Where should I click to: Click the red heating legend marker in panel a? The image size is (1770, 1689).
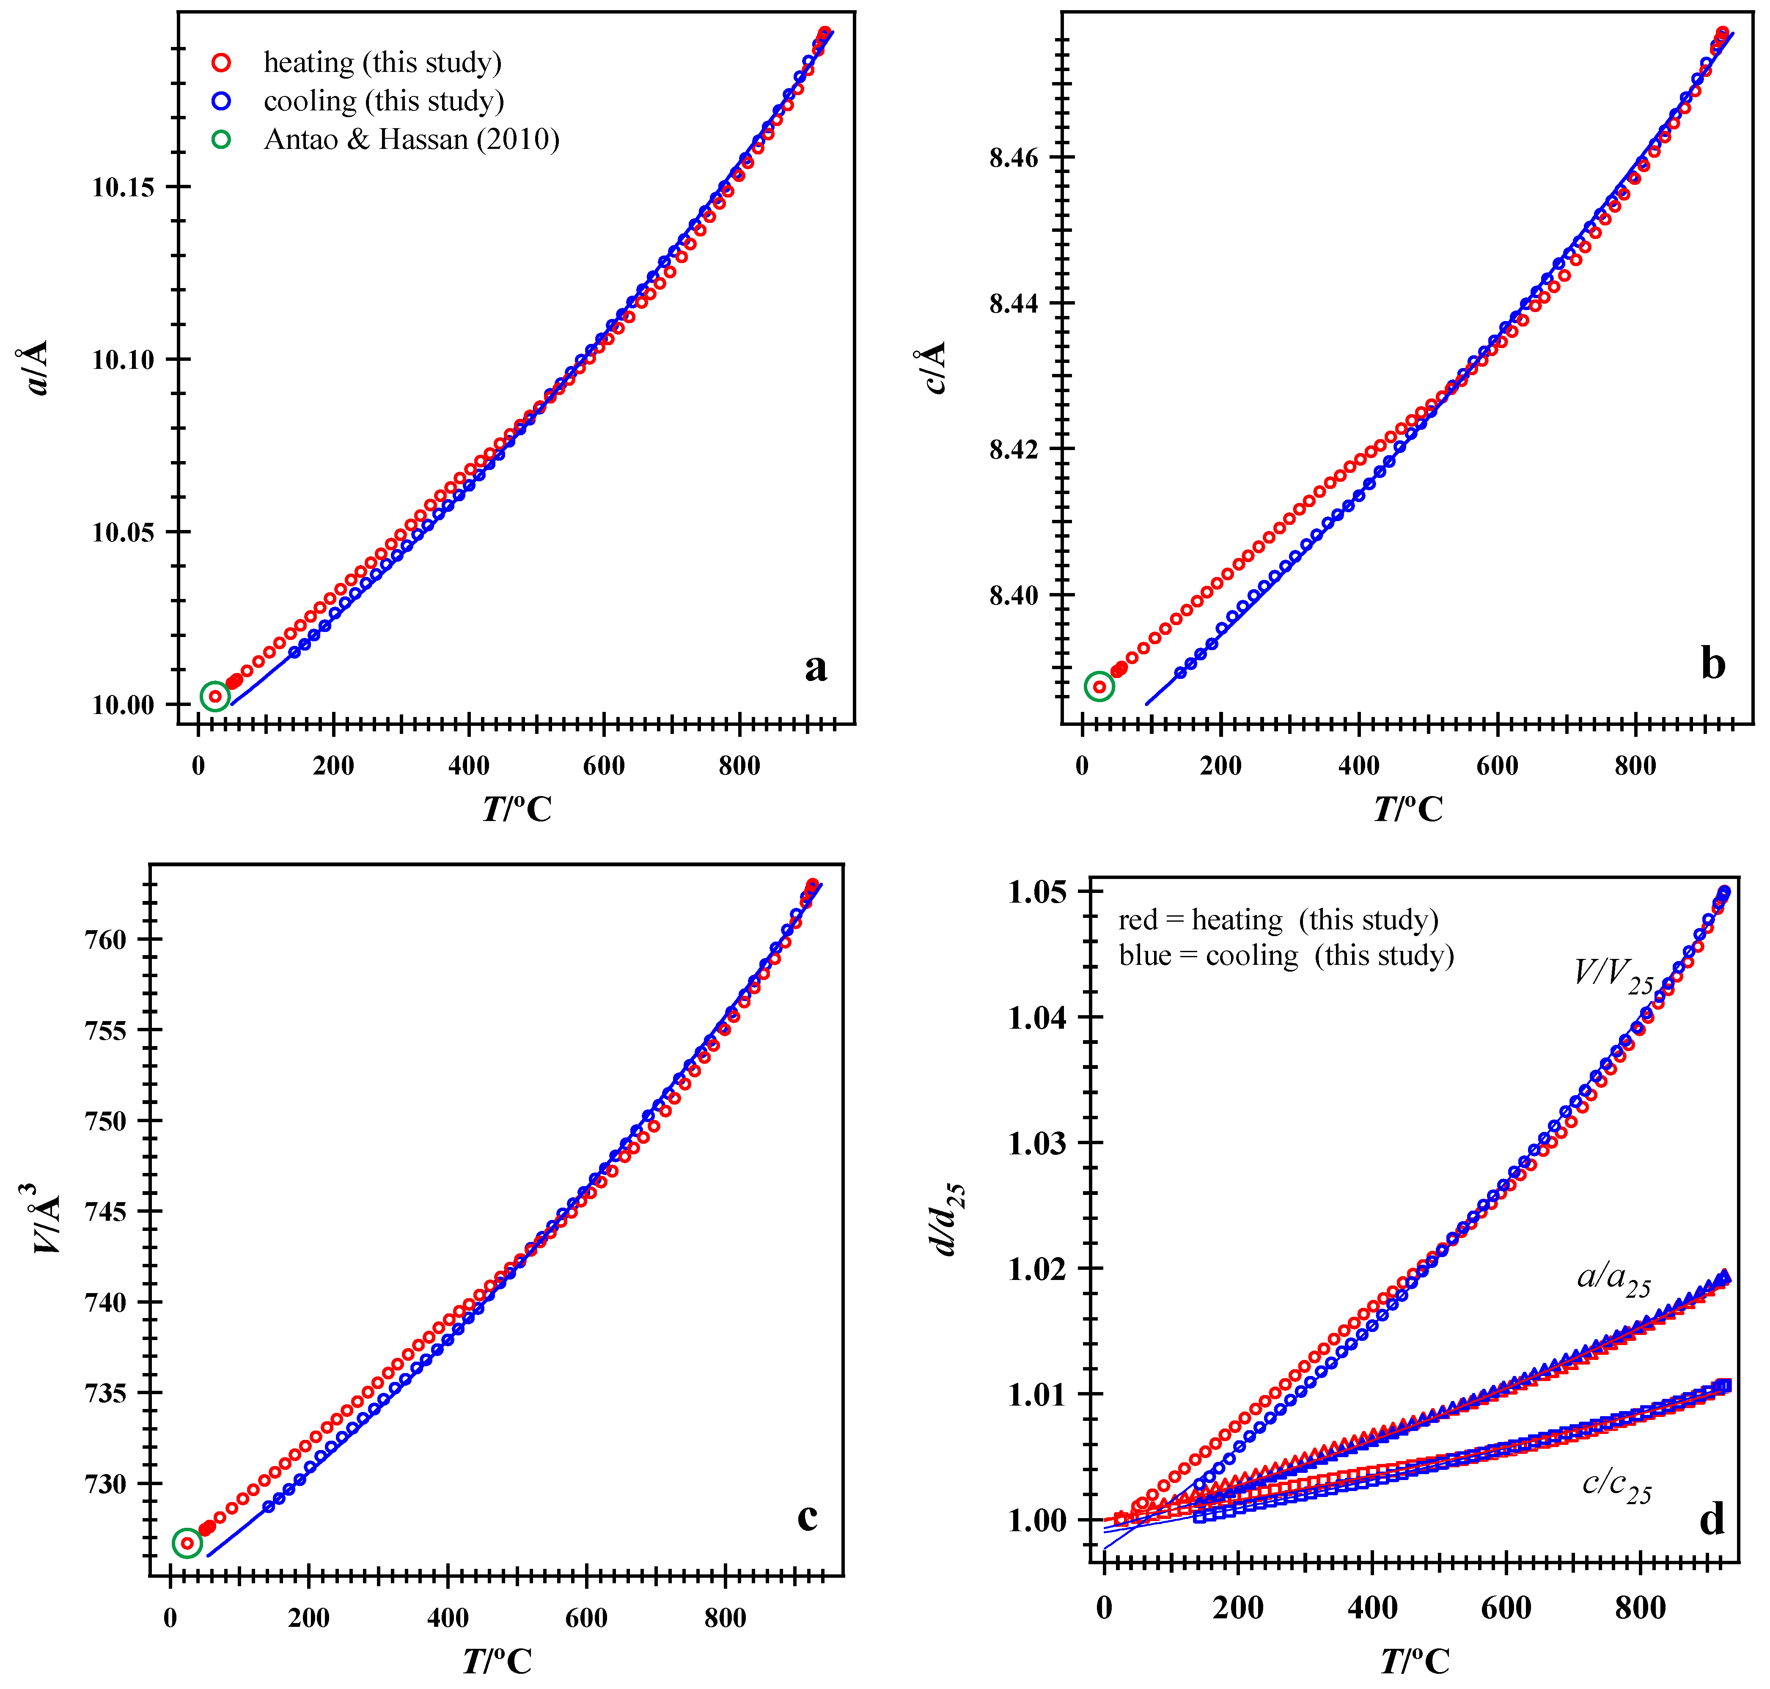[220, 62]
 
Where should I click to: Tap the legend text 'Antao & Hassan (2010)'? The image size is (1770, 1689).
[412, 140]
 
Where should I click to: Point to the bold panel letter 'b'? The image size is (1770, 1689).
[1712, 664]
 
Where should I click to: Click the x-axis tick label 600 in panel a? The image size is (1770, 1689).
[603, 766]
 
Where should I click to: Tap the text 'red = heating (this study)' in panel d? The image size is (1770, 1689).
[1278, 920]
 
